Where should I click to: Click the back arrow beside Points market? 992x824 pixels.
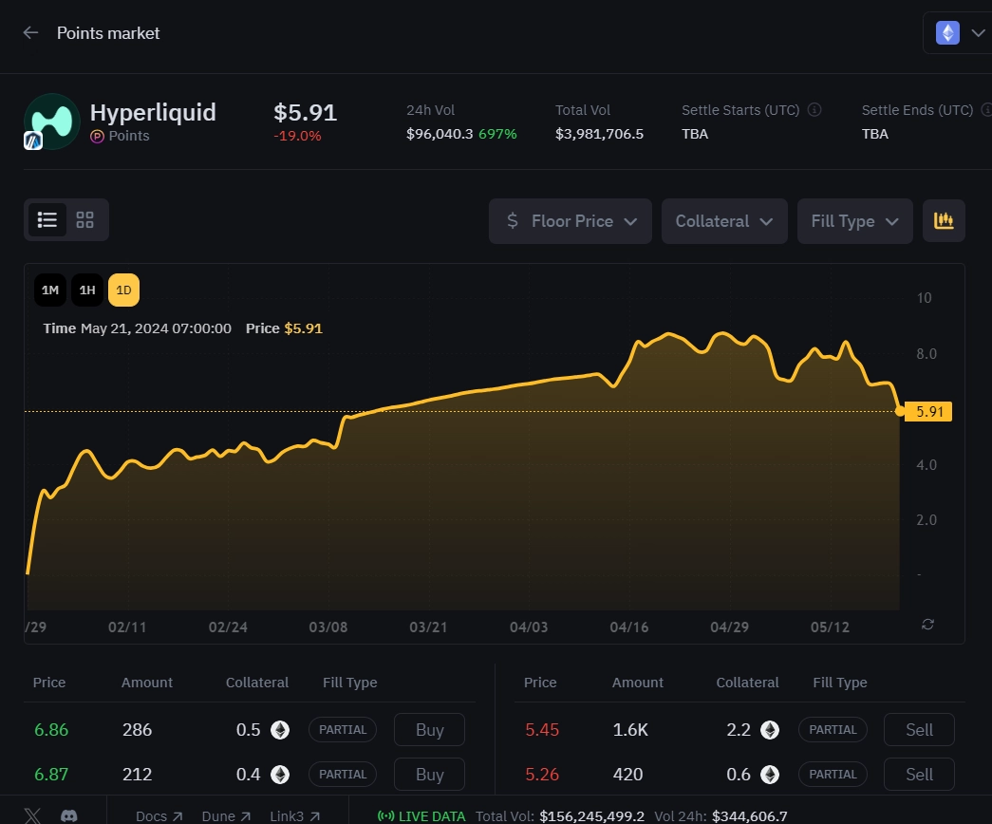click(30, 33)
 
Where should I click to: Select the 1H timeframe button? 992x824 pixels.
click(87, 290)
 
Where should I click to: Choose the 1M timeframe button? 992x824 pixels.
click(51, 290)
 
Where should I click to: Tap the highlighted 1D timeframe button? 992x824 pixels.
click(123, 290)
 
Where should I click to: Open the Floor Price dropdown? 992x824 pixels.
click(571, 221)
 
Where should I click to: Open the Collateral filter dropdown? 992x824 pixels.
click(724, 221)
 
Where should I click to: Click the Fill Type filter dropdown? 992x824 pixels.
click(854, 221)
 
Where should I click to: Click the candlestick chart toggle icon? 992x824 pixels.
click(944, 221)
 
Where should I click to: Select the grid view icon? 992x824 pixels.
click(85, 220)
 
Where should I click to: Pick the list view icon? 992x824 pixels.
click(47, 220)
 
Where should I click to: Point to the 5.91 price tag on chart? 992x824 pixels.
click(927, 412)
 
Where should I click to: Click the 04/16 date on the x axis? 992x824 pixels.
click(628, 627)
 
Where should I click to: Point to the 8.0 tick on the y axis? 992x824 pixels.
click(926, 354)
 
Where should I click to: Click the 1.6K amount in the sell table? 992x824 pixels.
click(630, 730)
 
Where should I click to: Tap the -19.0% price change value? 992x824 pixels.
click(297, 136)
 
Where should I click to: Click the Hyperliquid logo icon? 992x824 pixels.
click(51, 121)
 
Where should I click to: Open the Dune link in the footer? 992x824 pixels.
click(225, 815)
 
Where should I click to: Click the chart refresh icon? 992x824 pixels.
click(928, 624)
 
